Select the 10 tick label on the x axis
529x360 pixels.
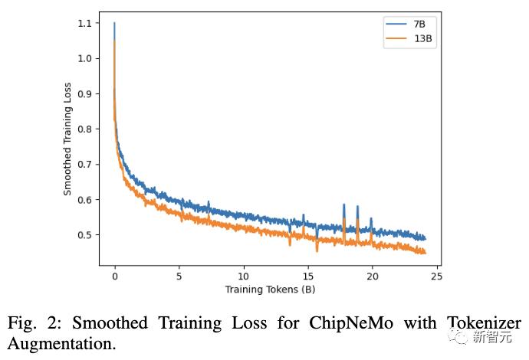point(243,275)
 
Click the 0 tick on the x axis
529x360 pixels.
point(114,275)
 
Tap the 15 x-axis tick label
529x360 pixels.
point(307,275)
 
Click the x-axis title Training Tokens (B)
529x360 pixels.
point(270,290)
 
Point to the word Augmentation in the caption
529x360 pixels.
point(62,344)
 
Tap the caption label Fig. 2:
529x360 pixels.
point(36,322)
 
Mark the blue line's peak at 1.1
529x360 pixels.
point(114,23)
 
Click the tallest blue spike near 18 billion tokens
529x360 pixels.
point(343,205)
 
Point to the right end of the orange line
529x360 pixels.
point(425,252)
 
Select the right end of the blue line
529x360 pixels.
point(425,238)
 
